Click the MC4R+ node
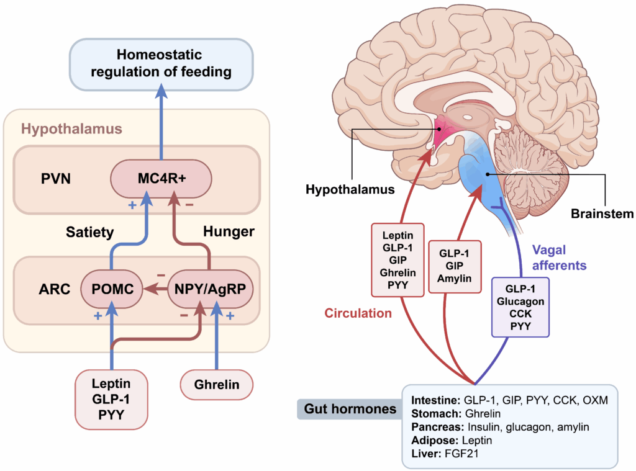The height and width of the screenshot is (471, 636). click(x=161, y=179)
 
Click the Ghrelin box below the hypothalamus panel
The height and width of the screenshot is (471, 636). click(x=217, y=384)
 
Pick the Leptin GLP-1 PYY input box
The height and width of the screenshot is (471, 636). click(x=112, y=398)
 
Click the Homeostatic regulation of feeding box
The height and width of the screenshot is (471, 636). click(x=161, y=63)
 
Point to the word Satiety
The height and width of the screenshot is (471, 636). click(x=90, y=232)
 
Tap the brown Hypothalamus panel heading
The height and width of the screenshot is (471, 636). click(x=71, y=129)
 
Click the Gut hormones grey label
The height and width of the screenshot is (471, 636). click(x=349, y=409)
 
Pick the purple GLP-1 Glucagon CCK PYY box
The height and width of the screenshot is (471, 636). click(x=520, y=307)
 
